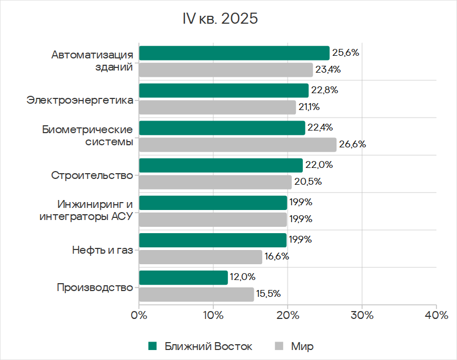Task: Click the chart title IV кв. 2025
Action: (x=220, y=19)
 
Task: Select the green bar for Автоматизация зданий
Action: (x=234, y=53)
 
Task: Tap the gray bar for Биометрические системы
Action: (x=237, y=145)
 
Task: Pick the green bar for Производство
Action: (x=183, y=277)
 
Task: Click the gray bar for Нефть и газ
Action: (x=201, y=257)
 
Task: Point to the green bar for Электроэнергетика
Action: (x=224, y=91)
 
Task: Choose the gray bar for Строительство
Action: (x=215, y=182)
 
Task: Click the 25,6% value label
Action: (x=345, y=53)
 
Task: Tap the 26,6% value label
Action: (x=352, y=145)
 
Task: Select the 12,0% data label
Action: (x=242, y=277)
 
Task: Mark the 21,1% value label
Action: (x=310, y=107)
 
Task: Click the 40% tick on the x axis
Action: (x=436, y=316)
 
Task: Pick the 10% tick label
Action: (x=213, y=316)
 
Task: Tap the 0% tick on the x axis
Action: (x=139, y=316)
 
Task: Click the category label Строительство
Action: (x=92, y=175)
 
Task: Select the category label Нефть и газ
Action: (x=103, y=249)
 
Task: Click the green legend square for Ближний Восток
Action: (x=153, y=346)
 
